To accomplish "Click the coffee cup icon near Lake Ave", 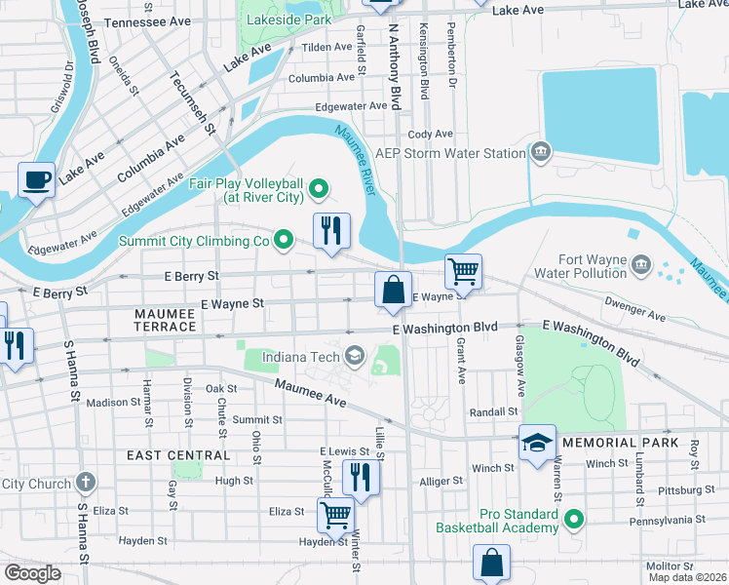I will [x=37, y=179].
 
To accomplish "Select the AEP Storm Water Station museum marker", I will [x=540, y=153].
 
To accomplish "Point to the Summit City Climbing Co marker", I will [x=284, y=239].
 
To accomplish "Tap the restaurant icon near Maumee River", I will [x=331, y=231].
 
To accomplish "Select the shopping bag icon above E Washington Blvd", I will [x=393, y=291].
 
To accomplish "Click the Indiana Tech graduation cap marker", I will [x=354, y=357].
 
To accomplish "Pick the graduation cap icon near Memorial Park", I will [x=537, y=443].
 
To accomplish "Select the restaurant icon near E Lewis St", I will [x=362, y=477].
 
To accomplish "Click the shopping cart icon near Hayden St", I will [x=336, y=514].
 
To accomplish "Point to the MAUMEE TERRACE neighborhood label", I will [x=166, y=319].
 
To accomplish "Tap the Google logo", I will [x=33, y=572].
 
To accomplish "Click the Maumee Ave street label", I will [x=310, y=394].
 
